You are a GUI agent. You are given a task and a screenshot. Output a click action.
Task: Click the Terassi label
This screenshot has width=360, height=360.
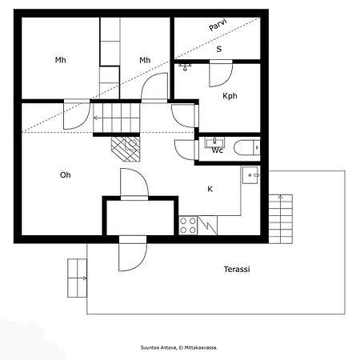[x=237, y=270]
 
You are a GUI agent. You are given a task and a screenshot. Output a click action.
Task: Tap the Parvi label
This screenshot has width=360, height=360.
[x=218, y=25]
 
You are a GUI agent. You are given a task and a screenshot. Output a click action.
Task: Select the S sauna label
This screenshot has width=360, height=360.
[x=219, y=49]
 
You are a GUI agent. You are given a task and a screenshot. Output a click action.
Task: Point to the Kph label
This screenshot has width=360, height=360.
[x=230, y=96]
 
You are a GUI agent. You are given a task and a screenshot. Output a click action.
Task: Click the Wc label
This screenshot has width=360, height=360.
[x=218, y=150]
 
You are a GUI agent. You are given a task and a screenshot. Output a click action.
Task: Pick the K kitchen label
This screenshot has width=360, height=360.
[x=210, y=189]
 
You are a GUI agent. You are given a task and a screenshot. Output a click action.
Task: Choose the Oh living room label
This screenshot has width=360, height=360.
[x=66, y=175]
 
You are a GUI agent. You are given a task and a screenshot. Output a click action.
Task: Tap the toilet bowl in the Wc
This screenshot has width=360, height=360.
[x=246, y=147]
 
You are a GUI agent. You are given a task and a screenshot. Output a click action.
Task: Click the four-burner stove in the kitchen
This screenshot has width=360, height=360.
[x=188, y=226]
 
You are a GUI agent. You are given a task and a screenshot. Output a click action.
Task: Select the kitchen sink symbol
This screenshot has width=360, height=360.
[x=250, y=175]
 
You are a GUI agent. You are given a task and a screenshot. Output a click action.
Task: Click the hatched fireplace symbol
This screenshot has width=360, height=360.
[x=126, y=149]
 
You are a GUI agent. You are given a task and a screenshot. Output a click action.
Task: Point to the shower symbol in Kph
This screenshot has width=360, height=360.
[x=185, y=67]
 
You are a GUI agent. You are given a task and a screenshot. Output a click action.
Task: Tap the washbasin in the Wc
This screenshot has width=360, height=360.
[x=214, y=142]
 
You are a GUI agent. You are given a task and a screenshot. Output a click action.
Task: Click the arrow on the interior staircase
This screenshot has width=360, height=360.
[x=117, y=118]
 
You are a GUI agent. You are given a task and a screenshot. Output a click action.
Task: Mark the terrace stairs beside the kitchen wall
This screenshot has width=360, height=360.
[x=281, y=219]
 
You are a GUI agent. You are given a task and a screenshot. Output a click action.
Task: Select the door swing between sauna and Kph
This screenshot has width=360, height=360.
[x=221, y=74]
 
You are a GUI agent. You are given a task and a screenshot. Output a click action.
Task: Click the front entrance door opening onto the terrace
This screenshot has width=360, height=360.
[x=133, y=254]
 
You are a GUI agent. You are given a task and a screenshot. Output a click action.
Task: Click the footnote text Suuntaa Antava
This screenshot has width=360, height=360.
[x=158, y=348]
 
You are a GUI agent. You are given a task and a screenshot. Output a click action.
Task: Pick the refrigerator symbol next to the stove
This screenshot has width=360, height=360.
[x=207, y=226]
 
